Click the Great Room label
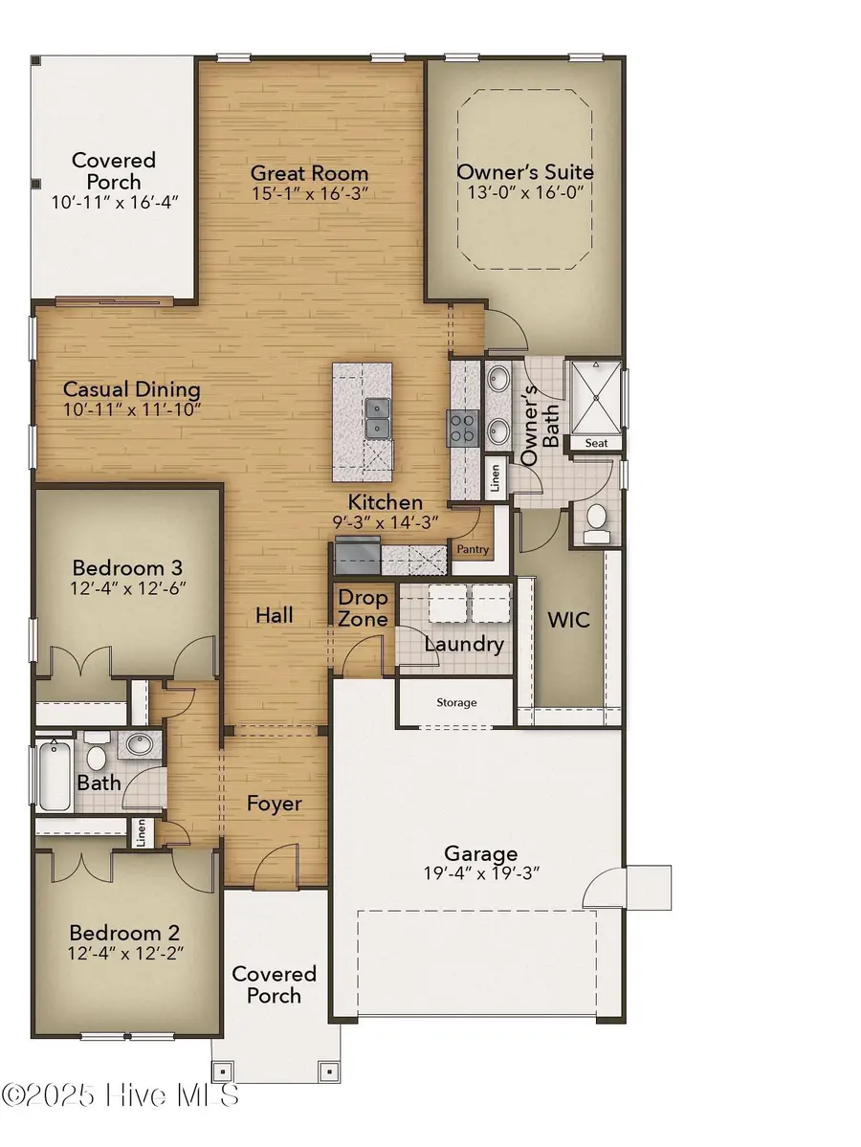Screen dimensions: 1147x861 309,173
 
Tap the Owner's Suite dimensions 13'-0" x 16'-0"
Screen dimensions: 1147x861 525,192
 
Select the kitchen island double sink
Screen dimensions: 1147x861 378,419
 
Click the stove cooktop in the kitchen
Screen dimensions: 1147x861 464,428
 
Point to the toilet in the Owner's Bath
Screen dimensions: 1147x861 596,519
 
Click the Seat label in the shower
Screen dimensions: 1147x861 596,443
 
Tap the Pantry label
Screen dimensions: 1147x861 473,549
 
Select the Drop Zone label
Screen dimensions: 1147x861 364,608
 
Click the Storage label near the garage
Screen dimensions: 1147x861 456,702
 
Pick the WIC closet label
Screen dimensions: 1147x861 568,620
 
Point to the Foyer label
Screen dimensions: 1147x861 275,804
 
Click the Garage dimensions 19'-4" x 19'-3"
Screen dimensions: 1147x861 481,873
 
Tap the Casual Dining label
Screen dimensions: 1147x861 131,389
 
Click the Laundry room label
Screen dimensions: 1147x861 464,644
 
